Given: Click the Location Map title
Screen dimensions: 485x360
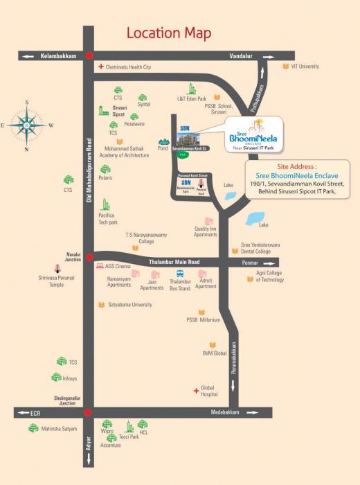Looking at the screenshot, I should click(x=169, y=33).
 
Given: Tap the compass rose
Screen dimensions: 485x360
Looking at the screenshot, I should click(x=27, y=125).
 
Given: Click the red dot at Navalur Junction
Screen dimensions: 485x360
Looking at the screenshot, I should click(x=88, y=257).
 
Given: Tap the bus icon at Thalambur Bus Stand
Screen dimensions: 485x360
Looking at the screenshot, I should click(x=179, y=274).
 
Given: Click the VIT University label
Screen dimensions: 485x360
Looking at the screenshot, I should click(x=305, y=67).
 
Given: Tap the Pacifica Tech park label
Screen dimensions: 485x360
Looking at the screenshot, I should click(x=107, y=219).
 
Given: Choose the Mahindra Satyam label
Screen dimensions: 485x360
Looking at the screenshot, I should click(x=60, y=430).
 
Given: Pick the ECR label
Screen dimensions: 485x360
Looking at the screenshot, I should click(x=36, y=413).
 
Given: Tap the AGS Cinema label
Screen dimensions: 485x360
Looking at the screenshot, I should click(x=118, y=266).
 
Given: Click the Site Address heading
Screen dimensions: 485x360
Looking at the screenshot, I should click(x=296, y=167).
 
